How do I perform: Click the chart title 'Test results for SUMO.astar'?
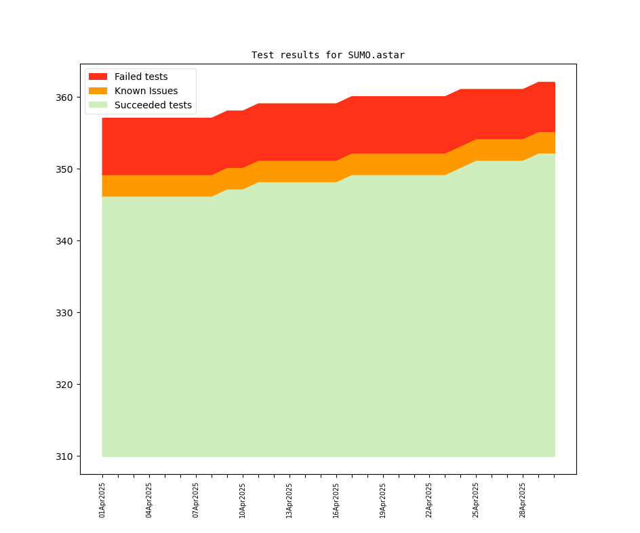click(x=327, y=55)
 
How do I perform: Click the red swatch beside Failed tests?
click(x=98, y=77)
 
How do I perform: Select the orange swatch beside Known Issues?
click(x=98, y=91)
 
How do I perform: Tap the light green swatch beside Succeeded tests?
click(x=98, y=105)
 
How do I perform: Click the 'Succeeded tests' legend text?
click(x=153, y=105)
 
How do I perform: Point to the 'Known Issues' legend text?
click(x=146, y=91)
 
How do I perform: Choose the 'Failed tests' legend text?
click(x=141, y=77)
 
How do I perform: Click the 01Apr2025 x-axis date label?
click(x=102, y=500)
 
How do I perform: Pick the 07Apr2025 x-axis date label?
click(x=196, y=500)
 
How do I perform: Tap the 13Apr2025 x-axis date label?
click(x=289, y=500)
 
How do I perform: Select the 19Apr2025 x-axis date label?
click(x=383, y=500)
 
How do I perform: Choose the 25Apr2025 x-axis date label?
click(x=476, y=500)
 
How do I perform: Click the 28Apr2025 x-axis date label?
click(x=523, y=500)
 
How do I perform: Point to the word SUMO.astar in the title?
click(x=376, y=55)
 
